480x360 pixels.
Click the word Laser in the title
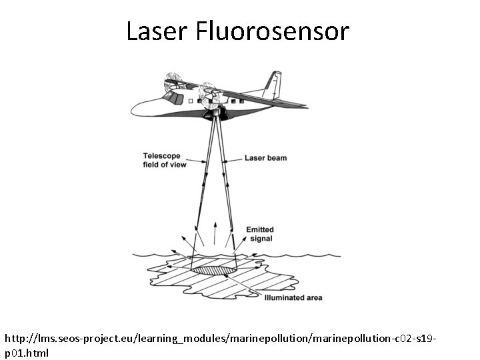point(157,31)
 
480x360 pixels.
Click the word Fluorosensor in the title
point(273,31)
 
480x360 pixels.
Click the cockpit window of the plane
point(175,99)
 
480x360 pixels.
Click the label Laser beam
point(265,158)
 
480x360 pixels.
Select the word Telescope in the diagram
point(161,156)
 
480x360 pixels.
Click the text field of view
point(163,165)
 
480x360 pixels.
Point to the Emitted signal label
point(260,234)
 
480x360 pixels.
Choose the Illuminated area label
point(294,297)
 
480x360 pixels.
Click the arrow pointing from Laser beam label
point(233,159)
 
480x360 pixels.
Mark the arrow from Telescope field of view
point(196,161)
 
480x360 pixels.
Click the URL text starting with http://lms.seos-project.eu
point(220,340)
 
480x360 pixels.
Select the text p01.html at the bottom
point(27,353)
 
